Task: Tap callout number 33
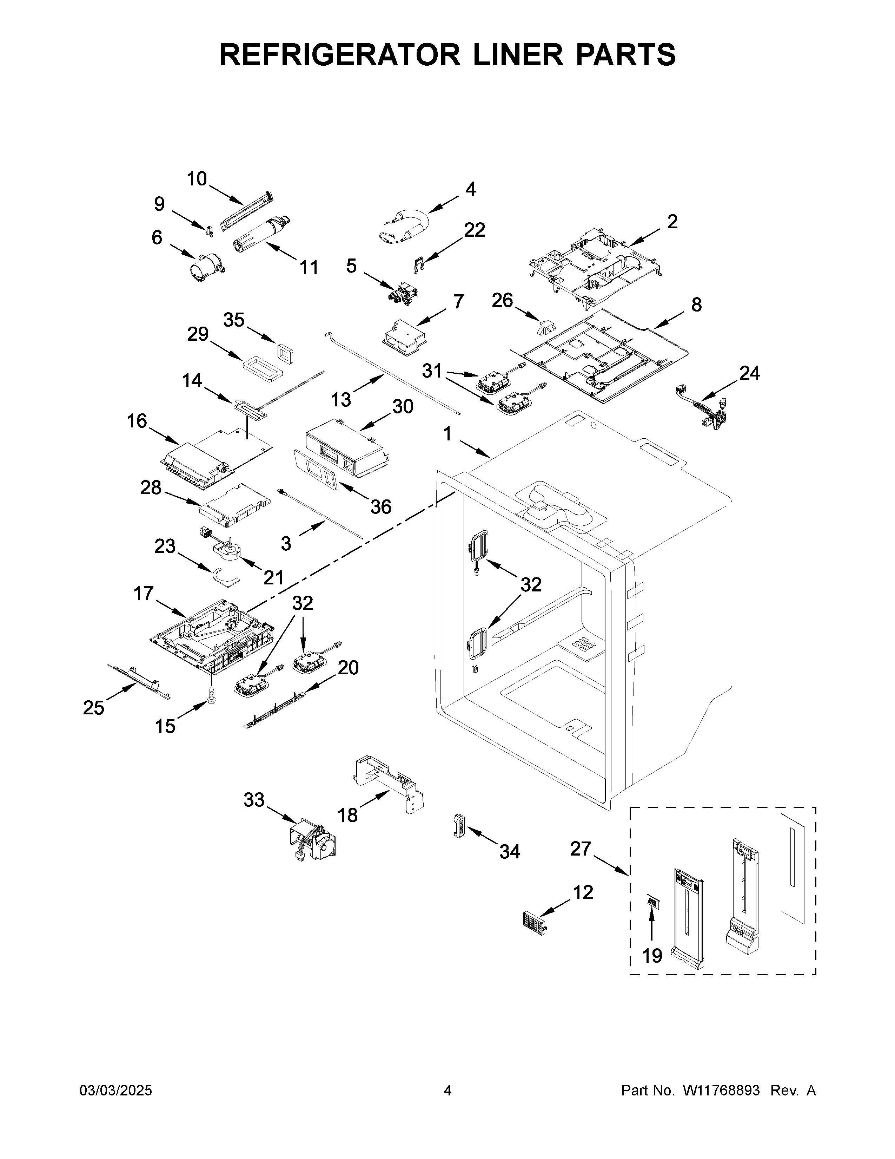pyautogui.click(x=254, y=814)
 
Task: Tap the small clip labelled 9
pyautogui.click(x=210, y=230)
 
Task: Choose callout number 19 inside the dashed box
pyautogui.click(x=652, y=956)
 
